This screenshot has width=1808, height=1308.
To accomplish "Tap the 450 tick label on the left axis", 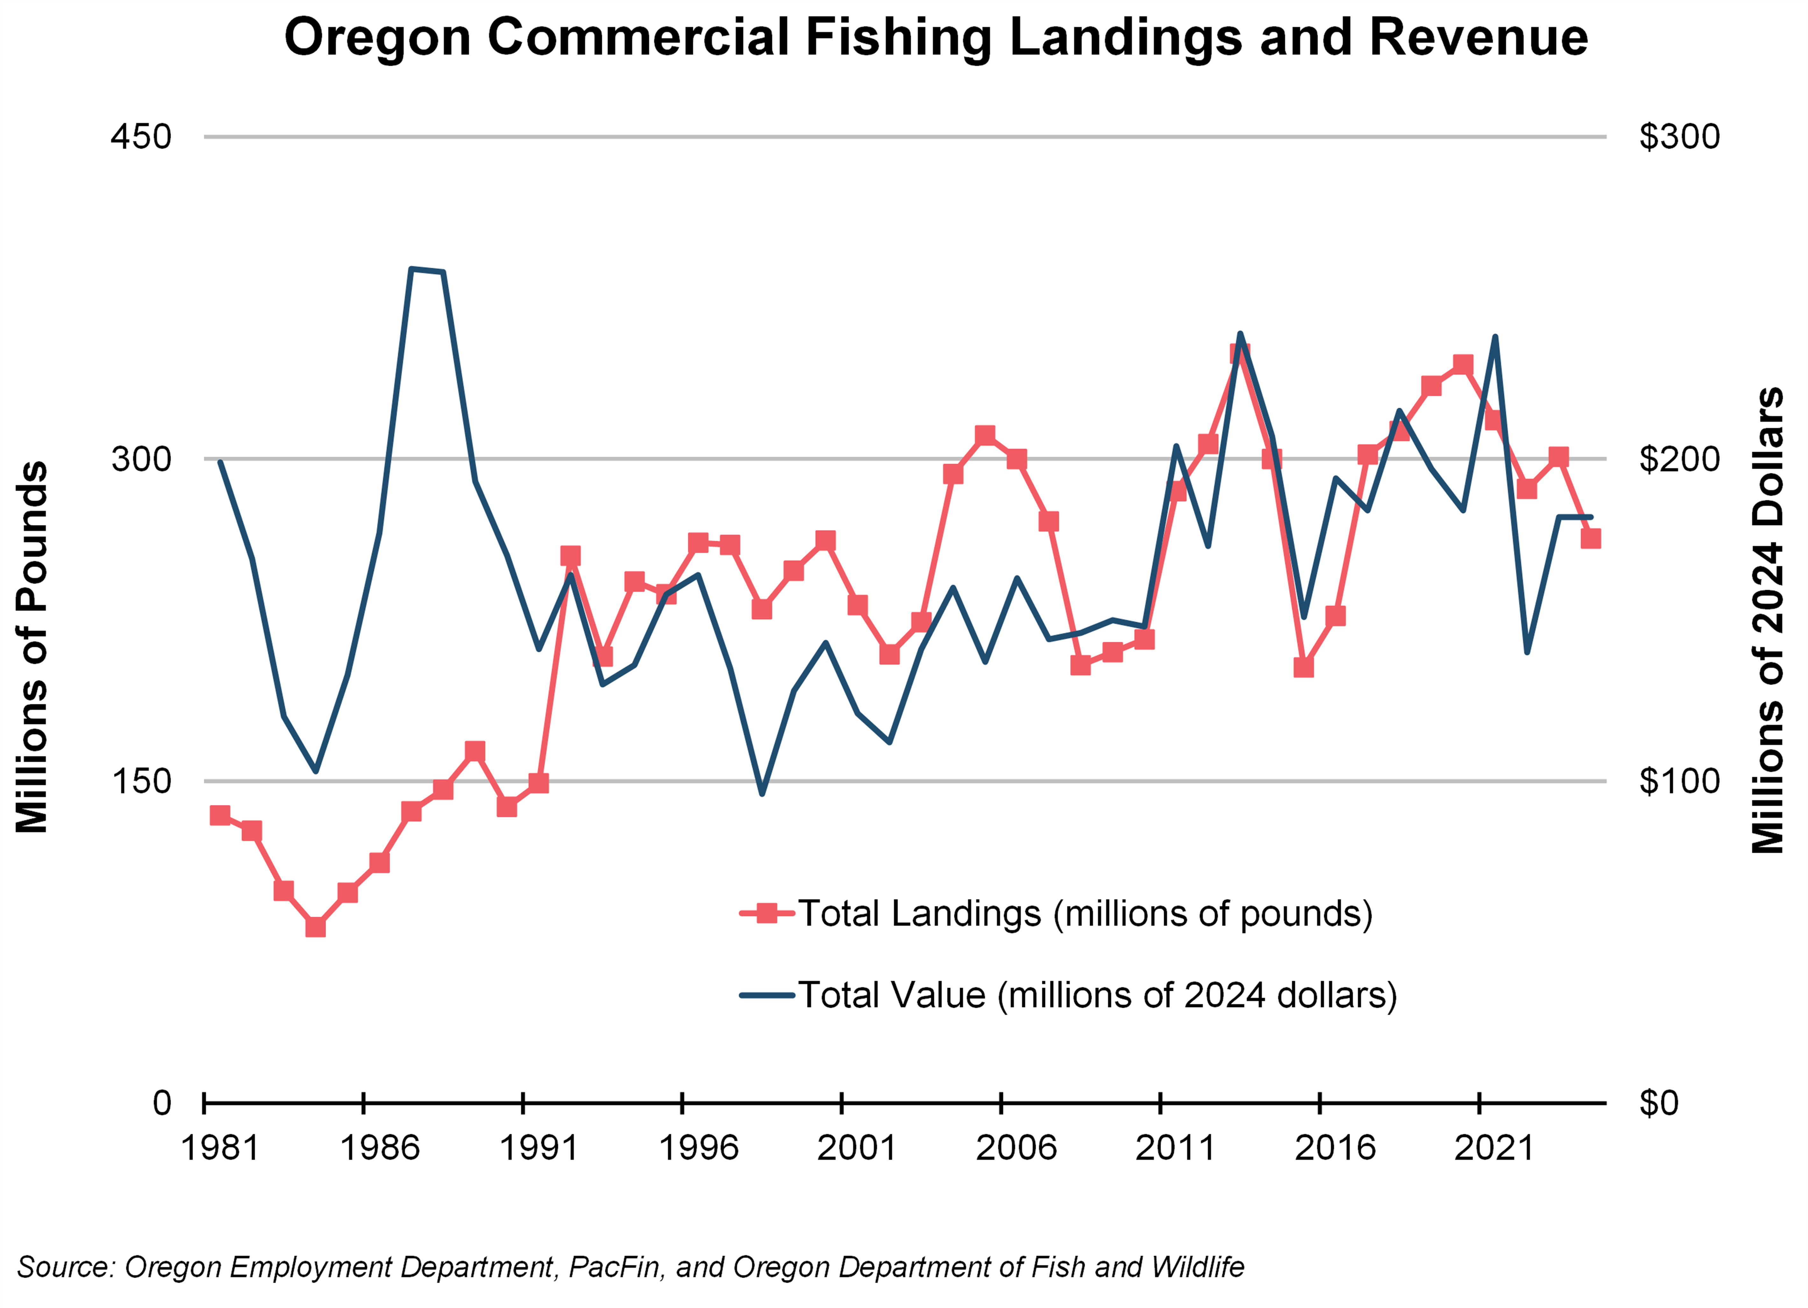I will point(141,137).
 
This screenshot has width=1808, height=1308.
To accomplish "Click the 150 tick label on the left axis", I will point(141,781).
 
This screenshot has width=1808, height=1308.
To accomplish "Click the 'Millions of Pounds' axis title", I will point(32,647).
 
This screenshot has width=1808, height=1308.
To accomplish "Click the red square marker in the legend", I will point(767,914).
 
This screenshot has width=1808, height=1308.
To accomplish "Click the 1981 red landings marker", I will point(220,815).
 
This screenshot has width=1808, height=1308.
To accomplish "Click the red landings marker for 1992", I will point(570,555).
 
